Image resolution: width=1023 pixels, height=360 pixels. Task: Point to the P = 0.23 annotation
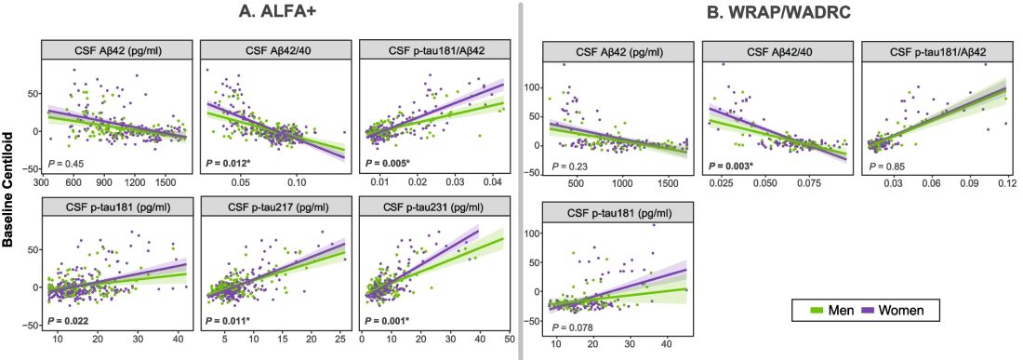571,167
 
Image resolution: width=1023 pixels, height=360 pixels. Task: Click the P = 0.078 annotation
573,327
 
